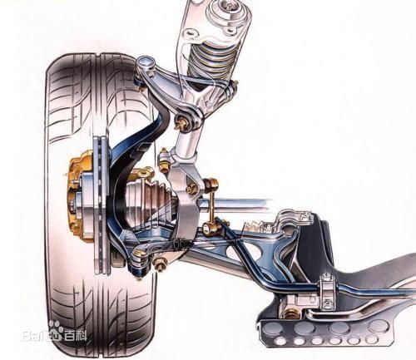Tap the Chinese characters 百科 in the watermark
pos(75,336)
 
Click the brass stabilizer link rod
pos(211,205)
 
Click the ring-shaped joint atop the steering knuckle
pos(146,62)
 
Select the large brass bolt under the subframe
pos(290,313)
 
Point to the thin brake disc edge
pos(99,205)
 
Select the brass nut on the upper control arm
pos(181,123)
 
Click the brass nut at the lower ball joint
pos(160,264)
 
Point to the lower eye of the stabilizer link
pos(209,228)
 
